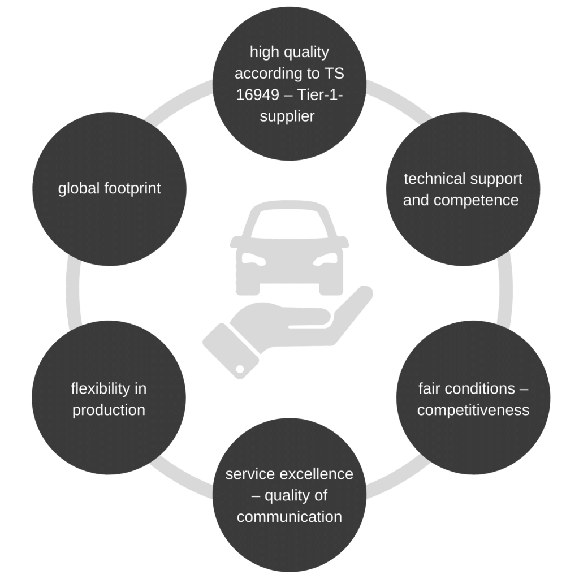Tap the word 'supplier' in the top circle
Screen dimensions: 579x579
click(289, 116)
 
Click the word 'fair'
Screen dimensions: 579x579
click(429, 388)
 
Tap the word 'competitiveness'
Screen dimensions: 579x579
click(473, 410)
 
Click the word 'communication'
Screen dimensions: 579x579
click(289, 517)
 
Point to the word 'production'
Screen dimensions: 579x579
click(109, 410)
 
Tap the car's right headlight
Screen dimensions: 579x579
click(325, 259)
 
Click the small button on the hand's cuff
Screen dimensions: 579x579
click(240, 369)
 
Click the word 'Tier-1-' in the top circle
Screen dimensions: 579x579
click(319, 95)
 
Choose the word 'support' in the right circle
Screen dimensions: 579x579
click(495, 179)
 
